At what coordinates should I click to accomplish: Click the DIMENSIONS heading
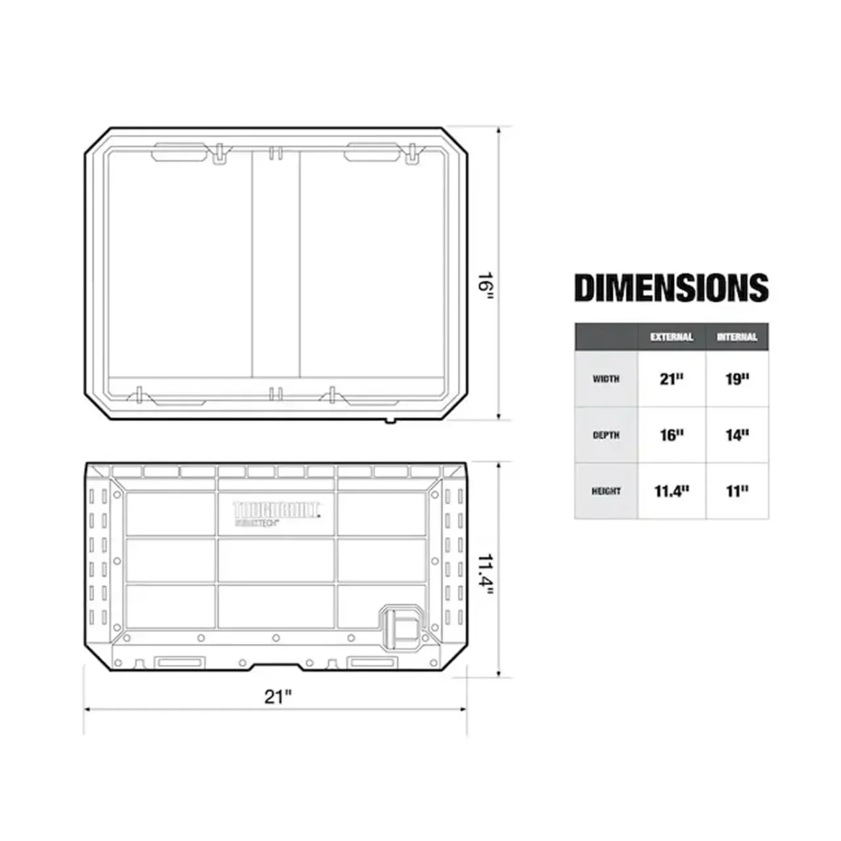click(671, 288)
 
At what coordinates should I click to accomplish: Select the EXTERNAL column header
click(671, 337)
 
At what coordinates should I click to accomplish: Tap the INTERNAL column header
click(737, 337)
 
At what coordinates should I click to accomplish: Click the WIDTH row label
click(606, 379)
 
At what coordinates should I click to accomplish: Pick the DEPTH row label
click(606, 435)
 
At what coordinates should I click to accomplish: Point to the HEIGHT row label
click(606, 491)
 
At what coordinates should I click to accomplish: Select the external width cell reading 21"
click(671, 379)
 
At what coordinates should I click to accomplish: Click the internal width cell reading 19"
click(737, 379)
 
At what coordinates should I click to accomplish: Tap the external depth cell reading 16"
click(671, 435)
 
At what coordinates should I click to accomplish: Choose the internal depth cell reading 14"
click(737, 435)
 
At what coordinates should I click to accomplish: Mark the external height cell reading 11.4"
click(671, 491)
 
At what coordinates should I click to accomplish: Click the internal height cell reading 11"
click(737, 491)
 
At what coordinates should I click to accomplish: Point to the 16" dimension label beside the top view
click(486, 285)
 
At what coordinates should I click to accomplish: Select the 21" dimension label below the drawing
click(277, 696)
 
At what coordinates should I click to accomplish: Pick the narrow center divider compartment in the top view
click(276, 263)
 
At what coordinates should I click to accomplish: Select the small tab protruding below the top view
click(390, 420)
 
